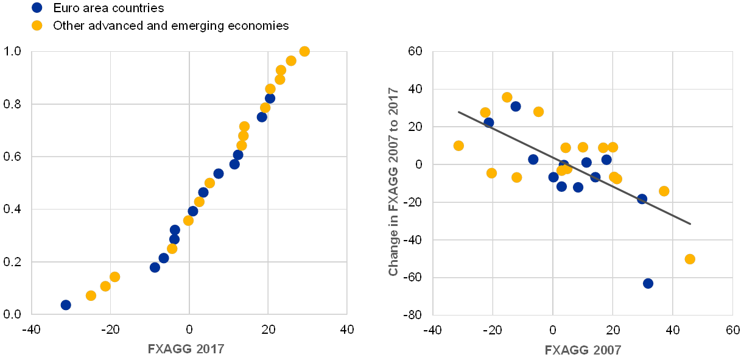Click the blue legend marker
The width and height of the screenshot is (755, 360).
(37, 8)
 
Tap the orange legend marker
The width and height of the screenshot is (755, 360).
(37, 26)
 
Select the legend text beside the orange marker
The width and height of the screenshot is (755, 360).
(171, 26)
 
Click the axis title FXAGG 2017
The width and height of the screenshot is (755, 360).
(186, 350)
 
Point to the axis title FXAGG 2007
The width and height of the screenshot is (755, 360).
(583, 350)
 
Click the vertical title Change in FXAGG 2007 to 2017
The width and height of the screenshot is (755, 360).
(393, 182)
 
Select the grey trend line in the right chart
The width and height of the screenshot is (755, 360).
(574, 168)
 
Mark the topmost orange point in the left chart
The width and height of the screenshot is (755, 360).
(304, 51)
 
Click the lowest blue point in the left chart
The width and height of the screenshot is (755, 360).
(66, 305)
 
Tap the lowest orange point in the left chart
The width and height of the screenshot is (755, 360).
(91, 295)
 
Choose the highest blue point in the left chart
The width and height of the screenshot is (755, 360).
(270, 98)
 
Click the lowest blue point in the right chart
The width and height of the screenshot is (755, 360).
(648, 283)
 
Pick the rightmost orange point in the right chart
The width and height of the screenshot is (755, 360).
(690, 259)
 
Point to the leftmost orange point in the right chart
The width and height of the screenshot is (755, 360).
(458, 146)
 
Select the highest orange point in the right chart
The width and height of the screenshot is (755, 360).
(507, 97)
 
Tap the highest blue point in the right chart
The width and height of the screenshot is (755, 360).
(516, 107)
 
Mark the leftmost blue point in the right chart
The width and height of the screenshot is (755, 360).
(489, 122)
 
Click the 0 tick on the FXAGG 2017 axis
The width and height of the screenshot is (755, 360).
(189, 330)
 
